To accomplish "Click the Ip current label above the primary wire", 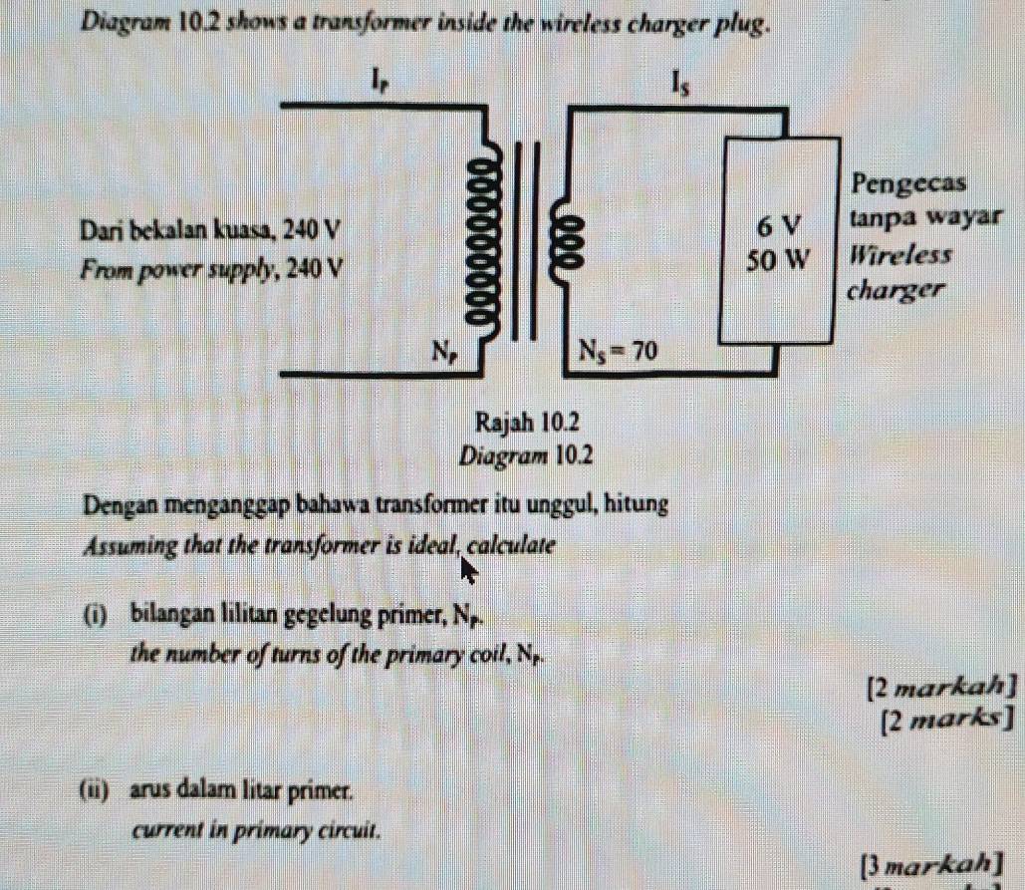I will [x=380, y=78].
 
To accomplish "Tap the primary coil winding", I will [x=486, y=239].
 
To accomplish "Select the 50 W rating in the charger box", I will [x=779, y=260].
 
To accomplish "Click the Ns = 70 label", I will [x=620, y=350].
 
